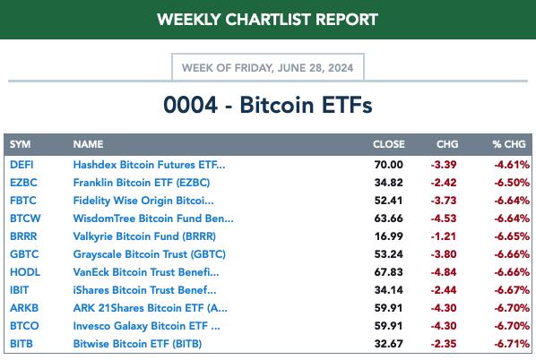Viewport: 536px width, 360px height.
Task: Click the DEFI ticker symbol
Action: [x=22, y=165]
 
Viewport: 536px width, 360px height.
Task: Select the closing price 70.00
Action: [x=389, y=165]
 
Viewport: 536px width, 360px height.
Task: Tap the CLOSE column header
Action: [x=389, y=144]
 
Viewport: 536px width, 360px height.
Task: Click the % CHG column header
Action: [x=509, y=144]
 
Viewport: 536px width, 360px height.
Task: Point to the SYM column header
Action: [x=21, y=144]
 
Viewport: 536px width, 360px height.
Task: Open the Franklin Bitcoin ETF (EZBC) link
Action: [x=142, y=183]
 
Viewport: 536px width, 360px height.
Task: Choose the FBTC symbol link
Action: [x=23, y=201]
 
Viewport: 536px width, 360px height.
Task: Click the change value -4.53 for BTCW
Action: [x=444, y=219]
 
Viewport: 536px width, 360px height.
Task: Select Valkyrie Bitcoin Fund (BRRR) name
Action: [x=144, y=236]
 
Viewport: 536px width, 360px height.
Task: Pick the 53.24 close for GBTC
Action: [x=389, y=254]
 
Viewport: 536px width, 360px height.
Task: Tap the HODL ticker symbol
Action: [x=25, y=272]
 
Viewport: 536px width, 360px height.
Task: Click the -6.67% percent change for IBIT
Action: [x=512, y=290]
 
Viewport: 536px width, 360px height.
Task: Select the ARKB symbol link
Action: [x=24, y=308]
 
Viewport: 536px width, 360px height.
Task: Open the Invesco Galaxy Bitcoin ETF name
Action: [x=147, y=326]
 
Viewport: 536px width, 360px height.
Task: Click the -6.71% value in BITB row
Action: [x=512, y=344]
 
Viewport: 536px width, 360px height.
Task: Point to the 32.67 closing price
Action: [x=389, y=344]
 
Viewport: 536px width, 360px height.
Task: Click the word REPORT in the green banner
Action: [x=347, y=20]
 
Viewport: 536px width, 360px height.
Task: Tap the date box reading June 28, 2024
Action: [x=268, y=67]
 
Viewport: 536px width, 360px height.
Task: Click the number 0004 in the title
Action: [x=190, y=105]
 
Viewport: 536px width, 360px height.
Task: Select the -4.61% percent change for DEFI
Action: [x=512, y=165]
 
